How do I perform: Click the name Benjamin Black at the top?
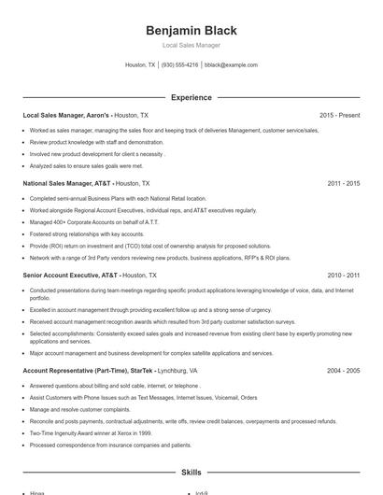click(191, 30)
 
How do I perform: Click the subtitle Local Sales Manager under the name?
click(191, 45)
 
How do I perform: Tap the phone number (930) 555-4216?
click(179, 65)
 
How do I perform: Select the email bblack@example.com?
click(231, 65)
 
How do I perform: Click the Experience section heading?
click(191, 97)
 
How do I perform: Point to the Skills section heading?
click(191, 473)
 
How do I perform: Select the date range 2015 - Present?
click(339, 115)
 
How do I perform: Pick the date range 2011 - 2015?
click(344, 184)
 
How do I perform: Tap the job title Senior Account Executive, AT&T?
click(71, 276)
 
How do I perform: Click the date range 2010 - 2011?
click(344, 276)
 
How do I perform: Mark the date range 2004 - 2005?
click(344, 371)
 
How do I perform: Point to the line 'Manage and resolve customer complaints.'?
click(79, 409)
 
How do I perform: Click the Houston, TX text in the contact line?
click(140, 65)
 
